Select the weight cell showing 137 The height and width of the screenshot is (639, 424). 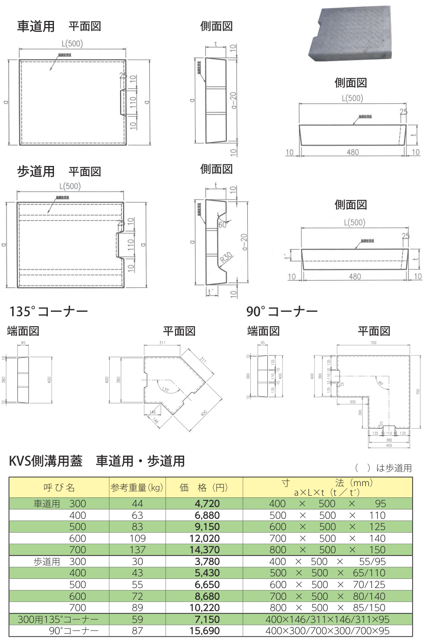(x=138, y=550)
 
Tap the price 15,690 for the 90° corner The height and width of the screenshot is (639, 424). (x=205, y=631)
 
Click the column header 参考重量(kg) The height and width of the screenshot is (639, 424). (x=137, y=487)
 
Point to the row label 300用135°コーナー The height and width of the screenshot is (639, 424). (x=58, y=619)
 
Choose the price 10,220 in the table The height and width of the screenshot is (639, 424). (x=205, y=608)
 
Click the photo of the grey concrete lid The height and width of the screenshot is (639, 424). (x=351, y=34)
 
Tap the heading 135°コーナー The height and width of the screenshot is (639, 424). (x=49, y=311)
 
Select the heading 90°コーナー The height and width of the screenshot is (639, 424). (x=282, y=311)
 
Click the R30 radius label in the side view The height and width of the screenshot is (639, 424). (x=226, y=258)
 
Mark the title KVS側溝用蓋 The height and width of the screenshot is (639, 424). (x=46, y=461)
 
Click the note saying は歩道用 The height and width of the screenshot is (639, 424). (x=394, y=468)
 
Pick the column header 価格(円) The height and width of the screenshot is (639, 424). (x=204, y=487)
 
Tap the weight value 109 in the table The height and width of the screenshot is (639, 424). (x=138, y=538)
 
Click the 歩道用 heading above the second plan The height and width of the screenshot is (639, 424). (x=36, y=172)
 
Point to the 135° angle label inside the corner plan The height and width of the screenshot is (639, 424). (x=165, y=389)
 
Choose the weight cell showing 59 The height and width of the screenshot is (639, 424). (x=138, y=619)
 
